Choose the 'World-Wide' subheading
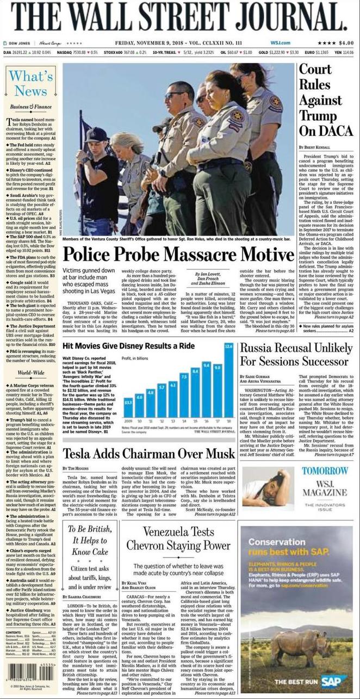pyautogui.click(x=30, y=373)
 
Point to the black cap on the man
pyautogui.click(x=96, y=134)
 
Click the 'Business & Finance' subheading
pyautogui.click(x=30, y=107)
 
